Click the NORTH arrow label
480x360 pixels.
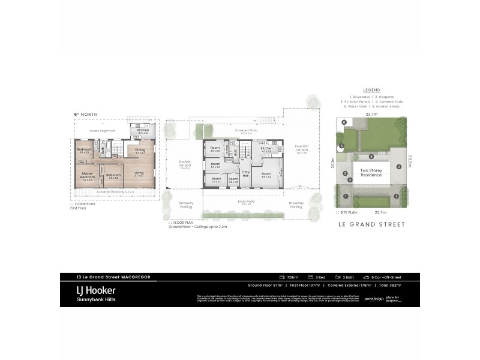(x=84, y=114)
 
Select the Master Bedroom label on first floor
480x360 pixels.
(x=88, y=176)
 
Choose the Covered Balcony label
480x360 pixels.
(x=114, y=191)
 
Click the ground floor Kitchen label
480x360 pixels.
(x=267, y=148)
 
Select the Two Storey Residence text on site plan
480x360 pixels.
(x=371, y=173)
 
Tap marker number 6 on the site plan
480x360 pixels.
(x=344, y=122)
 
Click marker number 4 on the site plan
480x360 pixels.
(x=371, y=157)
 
